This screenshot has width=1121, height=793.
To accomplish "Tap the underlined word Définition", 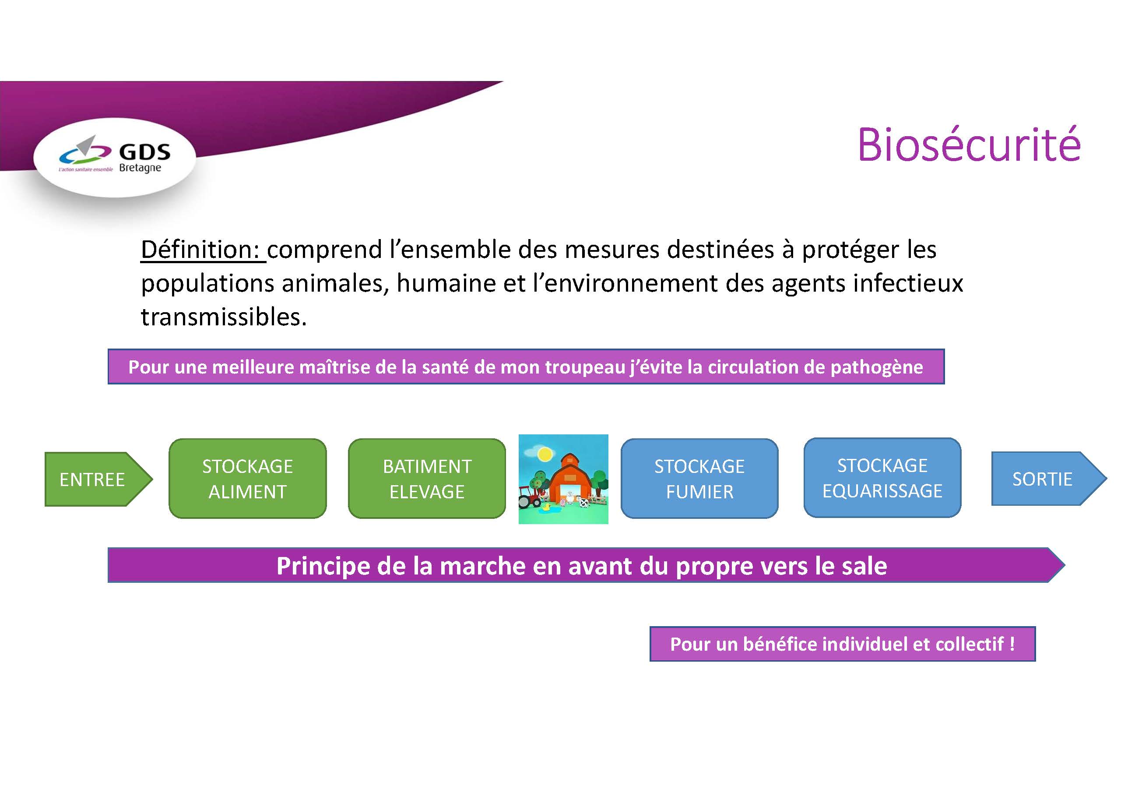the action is coord(200,250).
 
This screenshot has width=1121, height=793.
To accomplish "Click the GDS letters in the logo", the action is coord(145,152).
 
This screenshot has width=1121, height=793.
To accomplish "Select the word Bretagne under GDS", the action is coord(140,168).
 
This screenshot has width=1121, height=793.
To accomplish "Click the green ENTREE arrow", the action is coord(98,479).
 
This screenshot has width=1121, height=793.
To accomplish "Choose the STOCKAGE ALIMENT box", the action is coord(248,479).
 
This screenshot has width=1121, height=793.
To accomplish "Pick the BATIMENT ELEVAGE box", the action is coord(427,479).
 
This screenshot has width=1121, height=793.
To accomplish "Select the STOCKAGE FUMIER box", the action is coord(699,479).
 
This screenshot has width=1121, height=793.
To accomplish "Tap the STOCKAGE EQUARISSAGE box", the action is coord(882,478).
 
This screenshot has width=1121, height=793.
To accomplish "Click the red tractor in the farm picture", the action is coord(529,498).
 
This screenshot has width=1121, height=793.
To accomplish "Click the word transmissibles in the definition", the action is coord(224,317).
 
